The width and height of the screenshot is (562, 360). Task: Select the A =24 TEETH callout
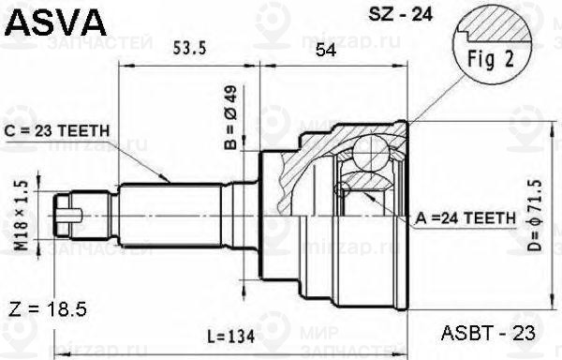point(465,217)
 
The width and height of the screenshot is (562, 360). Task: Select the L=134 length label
point(228,335)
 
